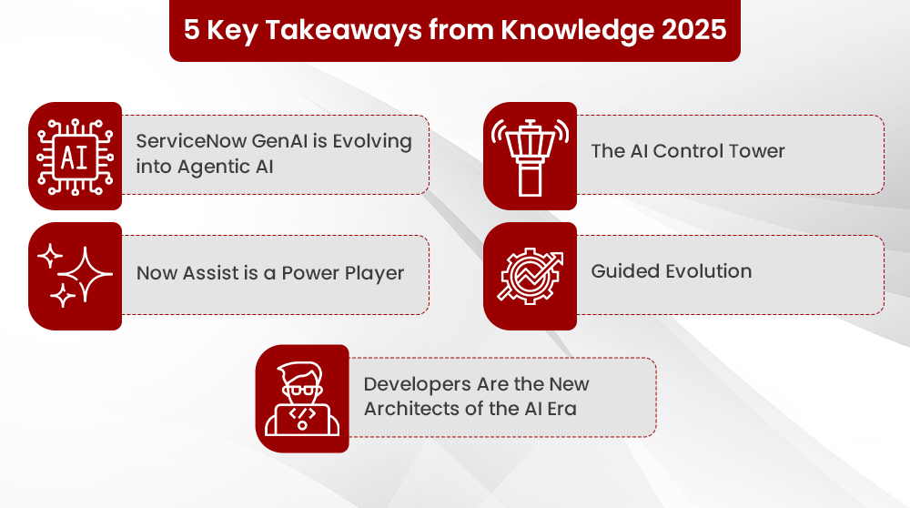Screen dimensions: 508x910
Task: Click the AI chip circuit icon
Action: coord(75,156)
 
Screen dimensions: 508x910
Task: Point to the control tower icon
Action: coord(530,156)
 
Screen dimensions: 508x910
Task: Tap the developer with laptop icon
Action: coord(301,398)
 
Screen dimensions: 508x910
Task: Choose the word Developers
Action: coord(417,384)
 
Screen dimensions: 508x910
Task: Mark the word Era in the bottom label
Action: coord(561,408)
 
